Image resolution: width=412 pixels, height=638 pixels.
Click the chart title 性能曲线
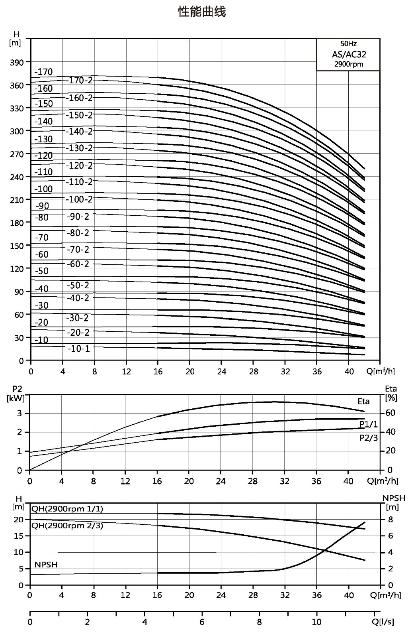[202, 12]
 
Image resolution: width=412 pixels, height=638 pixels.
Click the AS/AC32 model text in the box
[349, 54]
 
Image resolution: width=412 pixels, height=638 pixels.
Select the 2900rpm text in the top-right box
[349, 64]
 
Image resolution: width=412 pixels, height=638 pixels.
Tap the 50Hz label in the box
[349, 44]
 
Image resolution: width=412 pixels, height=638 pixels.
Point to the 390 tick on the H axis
[17, 62]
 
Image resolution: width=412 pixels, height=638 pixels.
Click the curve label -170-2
[79, 81]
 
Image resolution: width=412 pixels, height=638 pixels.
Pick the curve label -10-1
[79, 349]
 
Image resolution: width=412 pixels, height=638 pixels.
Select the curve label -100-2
[79, 199]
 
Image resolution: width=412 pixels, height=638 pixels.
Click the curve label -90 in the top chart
[42, 206]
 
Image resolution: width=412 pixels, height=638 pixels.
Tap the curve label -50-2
[78, 285]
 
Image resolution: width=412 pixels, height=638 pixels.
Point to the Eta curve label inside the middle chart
[364, 401]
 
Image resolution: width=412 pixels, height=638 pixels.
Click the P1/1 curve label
[369, 424]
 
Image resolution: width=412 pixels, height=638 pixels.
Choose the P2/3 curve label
[369, 438]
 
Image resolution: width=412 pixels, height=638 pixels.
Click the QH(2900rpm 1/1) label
[67, 509]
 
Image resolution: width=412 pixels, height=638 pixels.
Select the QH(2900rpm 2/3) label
[67, 526]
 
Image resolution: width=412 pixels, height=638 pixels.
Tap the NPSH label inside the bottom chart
[46, 565]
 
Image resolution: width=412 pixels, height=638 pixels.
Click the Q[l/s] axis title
[387, 622]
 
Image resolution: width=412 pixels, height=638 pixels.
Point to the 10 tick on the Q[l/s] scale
[316, 622]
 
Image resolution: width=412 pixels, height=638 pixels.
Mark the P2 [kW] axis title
[16, 393]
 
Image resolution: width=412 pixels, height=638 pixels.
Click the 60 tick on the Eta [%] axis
[391, 413]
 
